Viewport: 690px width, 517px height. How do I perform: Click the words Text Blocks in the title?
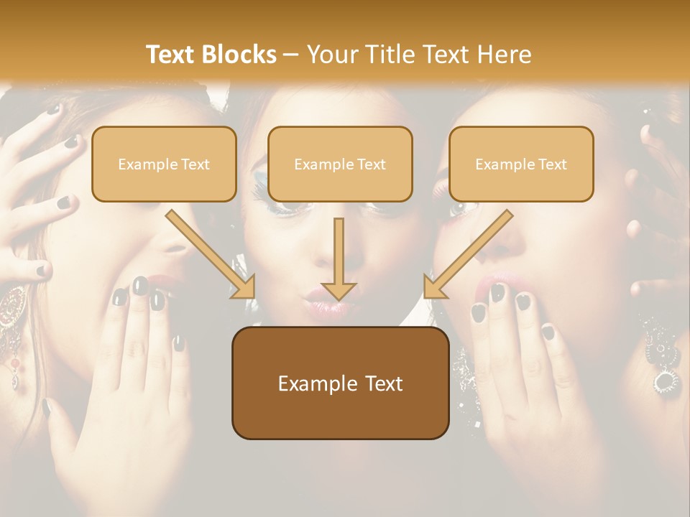click(211, 55)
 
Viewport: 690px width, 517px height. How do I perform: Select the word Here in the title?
click(505, 55)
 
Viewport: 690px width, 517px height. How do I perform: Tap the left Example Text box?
click(164, 164)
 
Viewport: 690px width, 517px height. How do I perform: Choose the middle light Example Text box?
click(340, 164)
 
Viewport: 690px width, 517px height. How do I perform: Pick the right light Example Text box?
click(521, 164)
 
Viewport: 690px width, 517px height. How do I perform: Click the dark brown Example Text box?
click(340, 383)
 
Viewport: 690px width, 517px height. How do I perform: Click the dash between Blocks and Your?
click(291, 55)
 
